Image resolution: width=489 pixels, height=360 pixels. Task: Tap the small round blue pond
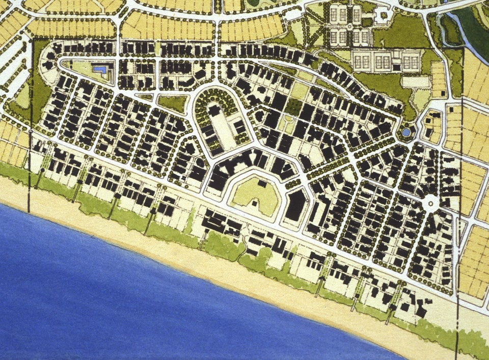406,132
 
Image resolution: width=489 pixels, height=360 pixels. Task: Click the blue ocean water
127,295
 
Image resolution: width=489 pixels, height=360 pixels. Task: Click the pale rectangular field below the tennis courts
415,81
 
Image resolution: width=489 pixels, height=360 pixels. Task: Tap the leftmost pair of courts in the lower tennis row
362,62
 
